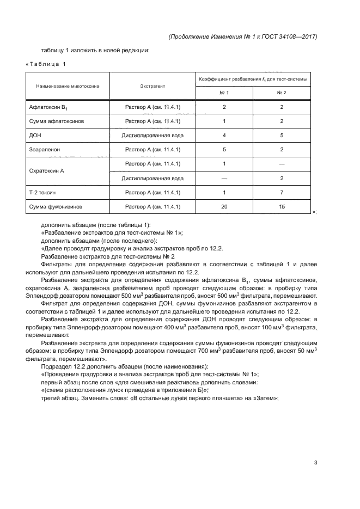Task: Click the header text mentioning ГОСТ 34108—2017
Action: point(243,36)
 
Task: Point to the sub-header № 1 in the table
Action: point(224,93)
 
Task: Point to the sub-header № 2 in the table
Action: point(282,93)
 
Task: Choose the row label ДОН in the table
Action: point(35,135)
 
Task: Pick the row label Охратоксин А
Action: point(46,170)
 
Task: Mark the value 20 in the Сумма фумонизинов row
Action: point(224,206)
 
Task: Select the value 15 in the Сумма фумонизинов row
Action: point(282,206)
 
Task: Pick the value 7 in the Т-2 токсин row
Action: point(282,192)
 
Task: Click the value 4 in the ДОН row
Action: point(224,135)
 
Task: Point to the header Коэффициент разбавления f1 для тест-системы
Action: point(253,79)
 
